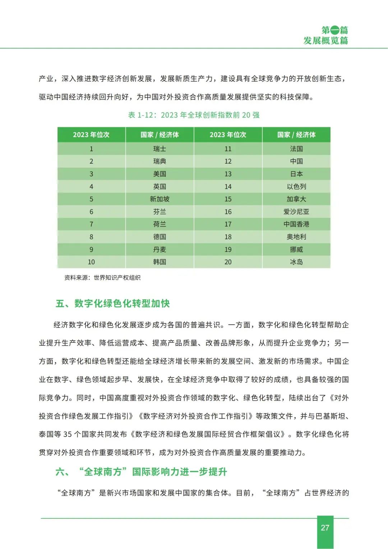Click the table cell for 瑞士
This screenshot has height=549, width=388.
pyautogui.click(x=160, y=149)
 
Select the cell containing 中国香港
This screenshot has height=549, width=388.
pyautogui.click(x=296, y=224)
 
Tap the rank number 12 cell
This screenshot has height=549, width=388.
pyautogui.click(x=228, y=161)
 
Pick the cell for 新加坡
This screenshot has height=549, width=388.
pyautogui.click(x=160, y=199)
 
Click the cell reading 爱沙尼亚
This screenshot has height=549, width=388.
pyautogui.click(x=296, y=212)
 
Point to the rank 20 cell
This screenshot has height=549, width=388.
pyautogui.click(x=228, y=262)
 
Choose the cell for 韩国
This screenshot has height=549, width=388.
pyautogui.click(x=160, y=262)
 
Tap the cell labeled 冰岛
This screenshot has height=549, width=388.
pyautogui.click(x=296, y=262)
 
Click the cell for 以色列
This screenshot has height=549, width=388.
pyautogui.click(x=296, y=187)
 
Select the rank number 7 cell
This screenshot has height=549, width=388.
pyautogui.click(x=91, y=224)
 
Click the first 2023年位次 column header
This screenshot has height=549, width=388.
pyautogui.click(x=91, y=135)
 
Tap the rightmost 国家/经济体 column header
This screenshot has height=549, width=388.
pyautogui.click(x=296, y=135)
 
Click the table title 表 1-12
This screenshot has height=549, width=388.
pyautogui.click(x=194, y=115)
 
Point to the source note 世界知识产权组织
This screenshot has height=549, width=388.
pyautogui.click(x=117, y=278)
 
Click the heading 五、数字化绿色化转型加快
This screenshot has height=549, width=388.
pyautogui.click(x=112, y=303)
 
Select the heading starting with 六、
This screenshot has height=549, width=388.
pyautogui.click(x=141, y=472)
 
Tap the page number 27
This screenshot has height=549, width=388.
pyautogui.click(x=325, y=528)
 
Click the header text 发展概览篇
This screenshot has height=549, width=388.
pyautogui.click(x=325, y=41)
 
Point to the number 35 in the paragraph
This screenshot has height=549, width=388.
pyautogui.click(x=68, y=434)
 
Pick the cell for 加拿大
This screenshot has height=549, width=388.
pyautogui.click(x=296, y=199)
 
